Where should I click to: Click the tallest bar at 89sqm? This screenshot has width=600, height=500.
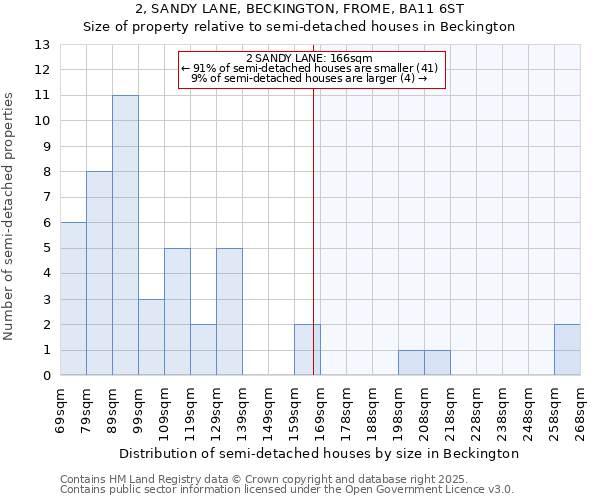[125, 235]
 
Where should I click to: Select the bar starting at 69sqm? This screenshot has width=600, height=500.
[73, 299]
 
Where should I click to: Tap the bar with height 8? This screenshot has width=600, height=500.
[99, 273]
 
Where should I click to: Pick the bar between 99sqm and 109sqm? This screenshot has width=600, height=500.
[151, 337]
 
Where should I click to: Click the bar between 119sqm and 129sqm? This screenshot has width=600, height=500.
[203, 350]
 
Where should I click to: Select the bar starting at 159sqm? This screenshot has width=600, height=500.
[307, 350]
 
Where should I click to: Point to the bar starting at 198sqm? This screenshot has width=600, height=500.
[411, 363]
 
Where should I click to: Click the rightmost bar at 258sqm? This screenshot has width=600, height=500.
[567, 350]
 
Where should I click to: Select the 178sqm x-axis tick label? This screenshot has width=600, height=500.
[346, 410]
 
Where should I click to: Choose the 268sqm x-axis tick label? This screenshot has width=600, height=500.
[580, 410]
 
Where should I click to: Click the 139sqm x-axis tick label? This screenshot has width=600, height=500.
[242, 410]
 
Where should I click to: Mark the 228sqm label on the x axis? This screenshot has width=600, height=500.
[476, 410]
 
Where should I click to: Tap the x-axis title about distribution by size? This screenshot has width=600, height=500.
[320, 453]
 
